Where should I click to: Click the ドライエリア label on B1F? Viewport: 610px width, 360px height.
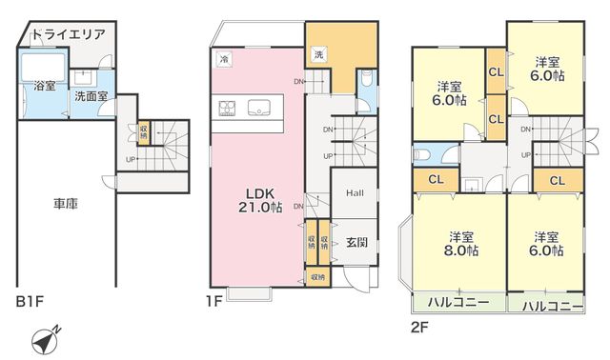tap(69, 34)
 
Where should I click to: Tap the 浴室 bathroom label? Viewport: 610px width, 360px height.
tap(45, 86)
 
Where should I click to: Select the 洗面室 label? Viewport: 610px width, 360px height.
tap(91, 96)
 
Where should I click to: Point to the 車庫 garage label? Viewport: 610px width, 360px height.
tap(66, 204)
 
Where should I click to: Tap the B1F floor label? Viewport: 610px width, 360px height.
tap(30, 302)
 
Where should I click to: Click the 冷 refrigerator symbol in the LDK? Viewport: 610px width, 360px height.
tap(223, 59)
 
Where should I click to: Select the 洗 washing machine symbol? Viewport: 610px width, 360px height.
tap(318, 54)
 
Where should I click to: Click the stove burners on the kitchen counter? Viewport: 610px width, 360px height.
tap(227, 108)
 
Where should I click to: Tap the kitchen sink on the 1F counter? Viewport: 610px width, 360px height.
tap(258, 108)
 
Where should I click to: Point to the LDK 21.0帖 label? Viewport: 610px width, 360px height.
tap(260, 200)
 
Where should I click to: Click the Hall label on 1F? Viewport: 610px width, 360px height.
tap(355, 192)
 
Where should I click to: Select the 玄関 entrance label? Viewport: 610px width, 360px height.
tap(356, 243)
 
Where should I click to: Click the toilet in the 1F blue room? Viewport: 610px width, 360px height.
tap(366, 79)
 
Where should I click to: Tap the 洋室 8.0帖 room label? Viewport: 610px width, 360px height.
tap(461, 244)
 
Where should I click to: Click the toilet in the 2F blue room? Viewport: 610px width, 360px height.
tap(421, 154)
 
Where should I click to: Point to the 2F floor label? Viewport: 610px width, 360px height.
tap(419, 327)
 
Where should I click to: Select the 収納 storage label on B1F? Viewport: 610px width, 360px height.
tap(144, 131)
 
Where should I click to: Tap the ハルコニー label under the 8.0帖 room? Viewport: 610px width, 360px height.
tap(458, 302)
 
